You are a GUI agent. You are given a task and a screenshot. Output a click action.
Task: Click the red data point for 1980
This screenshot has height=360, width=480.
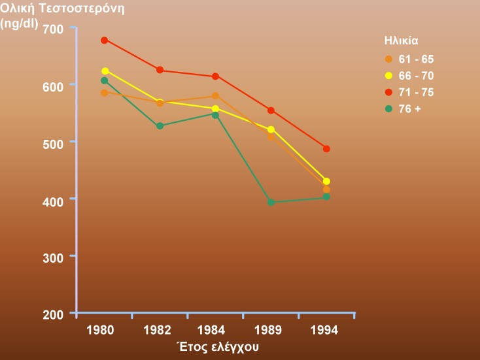[x=105, y=40]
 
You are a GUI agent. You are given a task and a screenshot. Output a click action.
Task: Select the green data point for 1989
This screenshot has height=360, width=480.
[x=271, y=202]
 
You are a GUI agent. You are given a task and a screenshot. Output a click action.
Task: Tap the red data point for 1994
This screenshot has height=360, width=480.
[x=326, y=149]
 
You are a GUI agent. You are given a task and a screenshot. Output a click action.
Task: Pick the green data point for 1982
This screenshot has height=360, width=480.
[x=160, y=125]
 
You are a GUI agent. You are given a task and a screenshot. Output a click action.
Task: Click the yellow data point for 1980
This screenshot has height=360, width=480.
[x=105, y=71]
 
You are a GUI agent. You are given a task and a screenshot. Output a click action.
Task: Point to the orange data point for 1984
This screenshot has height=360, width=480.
[x=215, y=96]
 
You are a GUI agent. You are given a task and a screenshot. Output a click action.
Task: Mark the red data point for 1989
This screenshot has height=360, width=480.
[x=271, y=110]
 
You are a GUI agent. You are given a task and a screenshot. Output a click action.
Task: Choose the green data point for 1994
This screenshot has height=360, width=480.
[x=326, y=197]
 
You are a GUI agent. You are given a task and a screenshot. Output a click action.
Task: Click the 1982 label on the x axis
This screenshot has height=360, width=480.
[x=158, y=330]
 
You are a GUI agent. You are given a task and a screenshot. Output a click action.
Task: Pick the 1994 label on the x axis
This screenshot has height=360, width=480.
[x=325, y=330]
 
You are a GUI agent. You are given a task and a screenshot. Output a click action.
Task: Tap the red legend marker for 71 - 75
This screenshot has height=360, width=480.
[x=387, y=92]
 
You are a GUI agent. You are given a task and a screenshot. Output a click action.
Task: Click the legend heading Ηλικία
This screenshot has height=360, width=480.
[x=401, y=40]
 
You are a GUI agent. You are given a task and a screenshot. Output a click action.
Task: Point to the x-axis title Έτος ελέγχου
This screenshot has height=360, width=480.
[x=218, y=346]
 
